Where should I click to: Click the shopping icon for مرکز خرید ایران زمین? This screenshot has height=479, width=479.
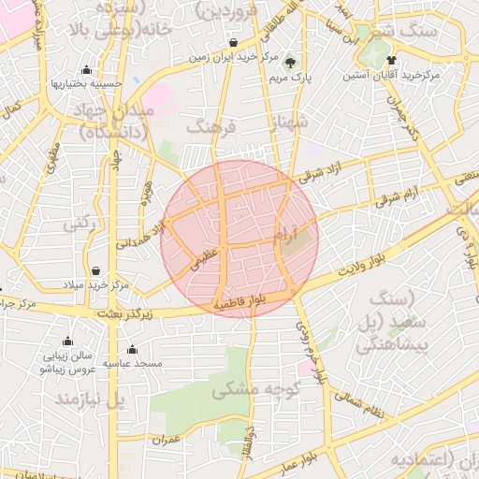(x=233, y=43)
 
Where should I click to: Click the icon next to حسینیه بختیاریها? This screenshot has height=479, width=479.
(x=87, y=70)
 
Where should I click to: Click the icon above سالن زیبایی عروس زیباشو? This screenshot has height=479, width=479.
(x=66, y=341)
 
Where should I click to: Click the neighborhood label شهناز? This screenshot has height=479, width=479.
(x=286, y=122)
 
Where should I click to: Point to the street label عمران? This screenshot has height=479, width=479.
(x=167, y=438)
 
